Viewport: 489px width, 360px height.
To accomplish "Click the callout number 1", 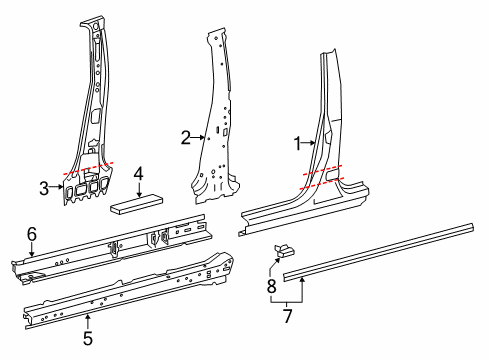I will tap(295, 144).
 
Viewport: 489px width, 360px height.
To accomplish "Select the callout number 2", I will tap(185, 137).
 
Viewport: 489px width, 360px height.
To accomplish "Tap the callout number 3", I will tap(44, 187).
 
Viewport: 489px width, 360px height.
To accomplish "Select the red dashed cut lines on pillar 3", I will tap(88, 169).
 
